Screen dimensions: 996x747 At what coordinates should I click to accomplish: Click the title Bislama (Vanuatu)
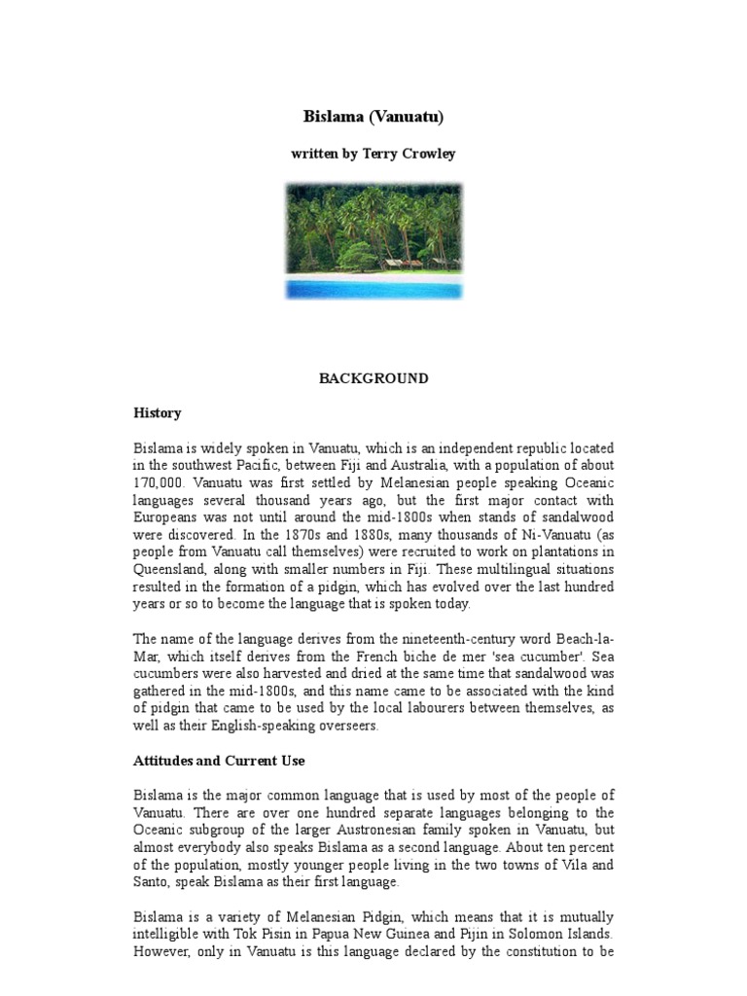[373, 118]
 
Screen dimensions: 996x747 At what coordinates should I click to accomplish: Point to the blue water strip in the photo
[373, 289]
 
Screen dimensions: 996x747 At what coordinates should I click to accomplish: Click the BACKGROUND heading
[373, 378]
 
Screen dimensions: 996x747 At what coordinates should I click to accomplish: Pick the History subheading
[158, 412]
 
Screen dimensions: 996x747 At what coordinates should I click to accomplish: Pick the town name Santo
[151, 882]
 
